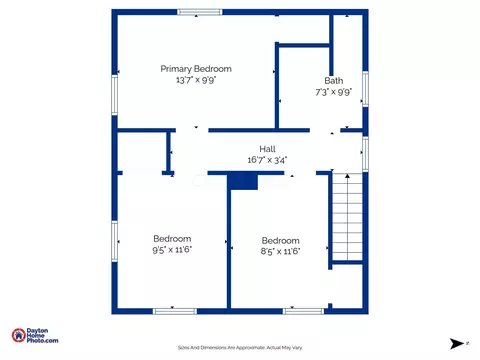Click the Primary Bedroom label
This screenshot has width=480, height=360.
click(x=196, y=69)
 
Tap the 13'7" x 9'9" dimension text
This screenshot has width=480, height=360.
click(x=196, y=80)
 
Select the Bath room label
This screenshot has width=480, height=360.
click(x=334, y=81)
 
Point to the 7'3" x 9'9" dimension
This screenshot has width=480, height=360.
click(x=334, y=92)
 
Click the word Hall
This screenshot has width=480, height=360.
click(x=267, y=149)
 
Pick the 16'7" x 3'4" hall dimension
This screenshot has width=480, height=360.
click(x=267, y=160)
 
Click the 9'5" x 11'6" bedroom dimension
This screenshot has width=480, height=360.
click(x=172, y=250)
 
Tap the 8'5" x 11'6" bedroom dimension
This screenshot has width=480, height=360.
click(x=280, y=251)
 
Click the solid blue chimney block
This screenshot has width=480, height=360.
click(x=243, y=182)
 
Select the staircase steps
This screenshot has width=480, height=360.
click(x=347, y=217)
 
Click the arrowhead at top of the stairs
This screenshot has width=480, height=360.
click(x=347, y=176)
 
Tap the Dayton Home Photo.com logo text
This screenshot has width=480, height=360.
click(x=42, y=336)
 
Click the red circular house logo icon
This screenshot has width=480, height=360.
click(x=19, y=335)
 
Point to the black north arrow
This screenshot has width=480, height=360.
click(x=457, y=343)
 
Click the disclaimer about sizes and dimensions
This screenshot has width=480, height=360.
click(x=240, y=348)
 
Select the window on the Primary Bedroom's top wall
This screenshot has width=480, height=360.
click(x=200, y=12)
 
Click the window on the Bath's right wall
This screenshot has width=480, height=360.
click(x=365, y=89)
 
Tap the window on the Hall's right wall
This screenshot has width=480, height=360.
click(x=365, y=154)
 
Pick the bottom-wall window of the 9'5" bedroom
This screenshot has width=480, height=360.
click(x=175, y=311)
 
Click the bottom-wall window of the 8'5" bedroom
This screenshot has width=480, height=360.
click(x=303, y=311)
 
